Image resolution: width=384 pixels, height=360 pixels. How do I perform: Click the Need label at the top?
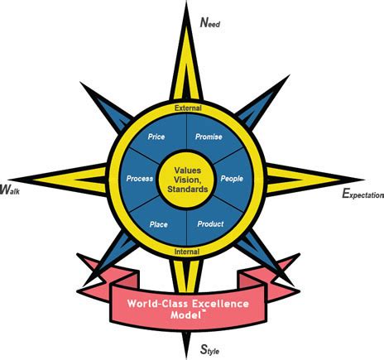point(210,22)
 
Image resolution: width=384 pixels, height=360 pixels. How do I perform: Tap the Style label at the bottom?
point(210,349)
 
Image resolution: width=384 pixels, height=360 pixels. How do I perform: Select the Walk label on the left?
point(10,190)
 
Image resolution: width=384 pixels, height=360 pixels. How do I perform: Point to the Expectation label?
point(362,194)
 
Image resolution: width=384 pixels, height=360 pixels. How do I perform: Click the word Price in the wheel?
point(156,137)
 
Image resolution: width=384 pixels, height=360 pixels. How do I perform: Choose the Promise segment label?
point(209,137)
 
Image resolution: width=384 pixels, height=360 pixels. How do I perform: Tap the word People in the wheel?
point(232,179)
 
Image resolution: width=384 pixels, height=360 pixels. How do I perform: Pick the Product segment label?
point(210,223)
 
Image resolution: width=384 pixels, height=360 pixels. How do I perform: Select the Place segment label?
point(159,224)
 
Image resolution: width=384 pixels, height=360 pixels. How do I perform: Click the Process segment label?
point(140,179)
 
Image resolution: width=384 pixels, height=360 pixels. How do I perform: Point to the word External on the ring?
point(188,108)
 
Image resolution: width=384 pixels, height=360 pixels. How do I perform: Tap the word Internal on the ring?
point(187,252)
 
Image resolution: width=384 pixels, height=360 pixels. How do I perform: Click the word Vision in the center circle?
point(186,180)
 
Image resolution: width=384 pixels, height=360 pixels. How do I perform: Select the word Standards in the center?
point(188,190)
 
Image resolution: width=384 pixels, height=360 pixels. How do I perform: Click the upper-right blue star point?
point(262,102)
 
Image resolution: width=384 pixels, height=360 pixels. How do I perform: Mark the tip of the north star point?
point(187,2)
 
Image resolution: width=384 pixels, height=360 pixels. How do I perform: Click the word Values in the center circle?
point(188,170)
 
